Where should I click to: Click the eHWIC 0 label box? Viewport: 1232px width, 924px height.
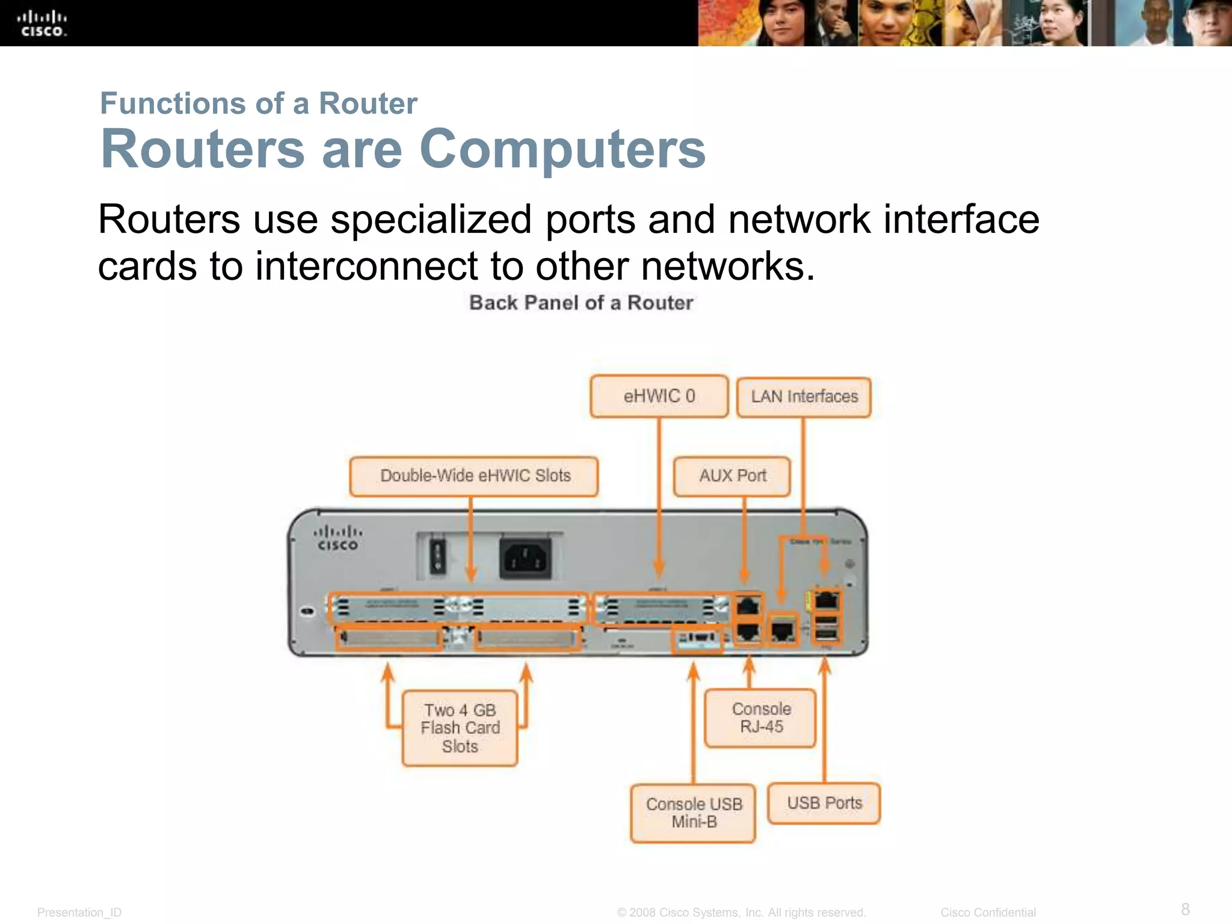[659, 396]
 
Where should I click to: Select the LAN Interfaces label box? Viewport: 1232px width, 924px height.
[804, 397]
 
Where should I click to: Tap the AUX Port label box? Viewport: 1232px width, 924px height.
[732, 476]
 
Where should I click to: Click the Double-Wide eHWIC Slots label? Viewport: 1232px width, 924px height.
[475, 476]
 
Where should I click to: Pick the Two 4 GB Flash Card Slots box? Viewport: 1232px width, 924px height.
[460, 728]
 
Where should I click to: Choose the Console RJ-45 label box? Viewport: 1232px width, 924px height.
[761, 718]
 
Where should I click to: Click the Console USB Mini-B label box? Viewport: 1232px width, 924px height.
[694, 813]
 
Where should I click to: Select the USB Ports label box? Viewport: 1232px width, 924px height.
[824, 803]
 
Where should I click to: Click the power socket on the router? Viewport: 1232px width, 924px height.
[525, 558]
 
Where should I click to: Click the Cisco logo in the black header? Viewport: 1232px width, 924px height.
[42, 24]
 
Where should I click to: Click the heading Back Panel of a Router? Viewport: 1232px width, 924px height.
[581, 303]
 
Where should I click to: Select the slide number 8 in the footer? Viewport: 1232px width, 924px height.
[1185, 909]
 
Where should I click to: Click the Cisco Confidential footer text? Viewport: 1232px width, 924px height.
[988, 913]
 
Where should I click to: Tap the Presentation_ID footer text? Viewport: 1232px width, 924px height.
[79, 913]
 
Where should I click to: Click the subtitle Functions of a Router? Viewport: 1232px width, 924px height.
[259, 103]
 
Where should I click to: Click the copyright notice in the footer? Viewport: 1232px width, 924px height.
[741, 913]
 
